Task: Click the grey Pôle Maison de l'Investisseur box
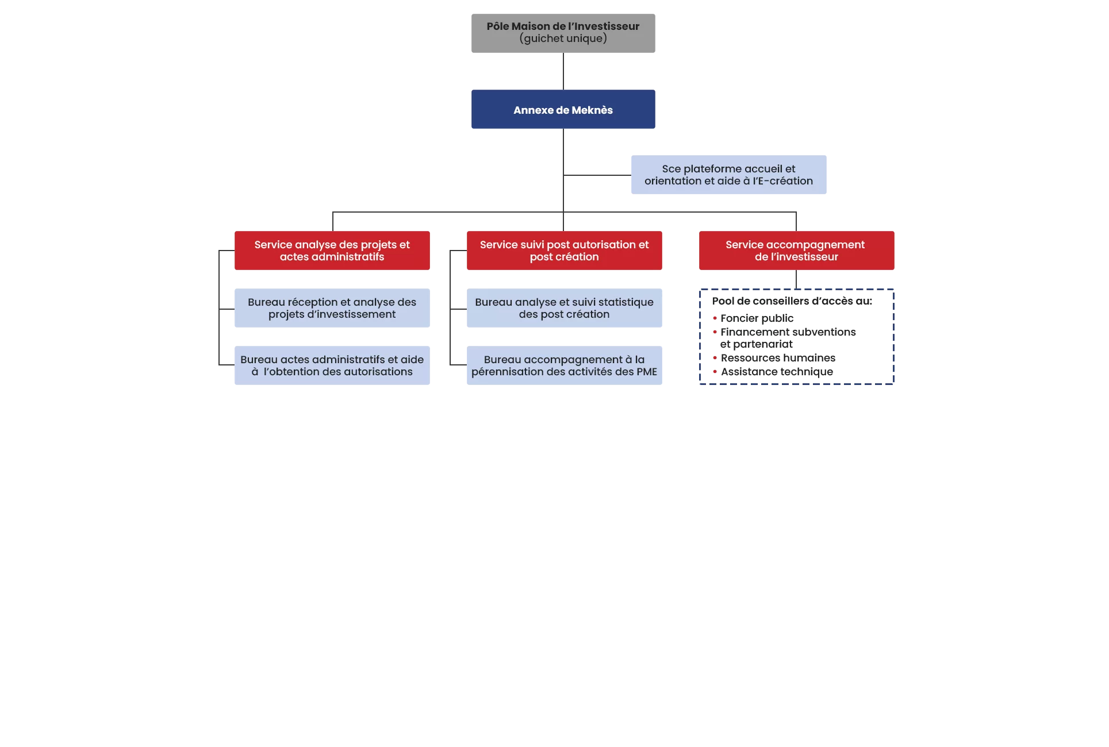pos(563,33)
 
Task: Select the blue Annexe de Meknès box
pos(563,109)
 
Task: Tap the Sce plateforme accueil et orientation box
pos(728,175)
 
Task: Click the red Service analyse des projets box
pos(332,251)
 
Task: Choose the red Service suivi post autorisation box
pos(564,251)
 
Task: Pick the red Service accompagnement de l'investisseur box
pos(796,251)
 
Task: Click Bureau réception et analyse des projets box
pos(332,308)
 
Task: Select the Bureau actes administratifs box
pos(332,365)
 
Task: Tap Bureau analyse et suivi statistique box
pos(564,308)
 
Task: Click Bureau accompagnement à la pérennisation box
pos(564,365)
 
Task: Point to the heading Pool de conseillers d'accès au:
pos(792,301)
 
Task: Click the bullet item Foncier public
pos(757,318)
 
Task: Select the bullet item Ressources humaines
pos(778,358)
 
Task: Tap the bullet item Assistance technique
pos(777,372)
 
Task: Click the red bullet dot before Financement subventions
pos(715,332)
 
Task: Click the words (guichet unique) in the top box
pos(563,38)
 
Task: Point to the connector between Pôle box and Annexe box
pos(563,71)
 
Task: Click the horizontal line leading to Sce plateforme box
pos(597,175)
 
